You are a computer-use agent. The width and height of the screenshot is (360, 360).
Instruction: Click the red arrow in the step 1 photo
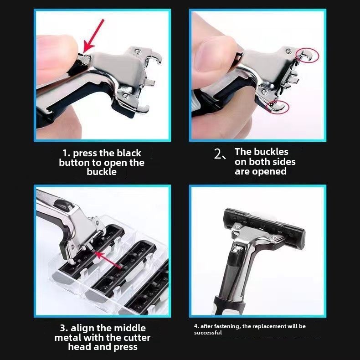pos(93,37)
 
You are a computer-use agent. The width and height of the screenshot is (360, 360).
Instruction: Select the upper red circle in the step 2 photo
pos(307,55)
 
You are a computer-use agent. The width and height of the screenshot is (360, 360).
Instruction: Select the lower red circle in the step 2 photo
pos(278,107)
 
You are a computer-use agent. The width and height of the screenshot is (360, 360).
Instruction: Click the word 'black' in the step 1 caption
pos(129,153)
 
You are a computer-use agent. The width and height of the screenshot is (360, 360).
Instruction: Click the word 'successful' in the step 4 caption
pos(208,333)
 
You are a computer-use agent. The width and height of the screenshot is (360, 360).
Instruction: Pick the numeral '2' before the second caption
pos(217,154)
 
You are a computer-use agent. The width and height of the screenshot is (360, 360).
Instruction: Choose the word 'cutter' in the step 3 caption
pos(137,338)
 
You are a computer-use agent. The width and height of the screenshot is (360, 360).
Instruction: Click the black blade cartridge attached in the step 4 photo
pos(264,227)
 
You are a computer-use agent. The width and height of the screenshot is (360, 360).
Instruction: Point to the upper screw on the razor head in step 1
pos(138,51)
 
